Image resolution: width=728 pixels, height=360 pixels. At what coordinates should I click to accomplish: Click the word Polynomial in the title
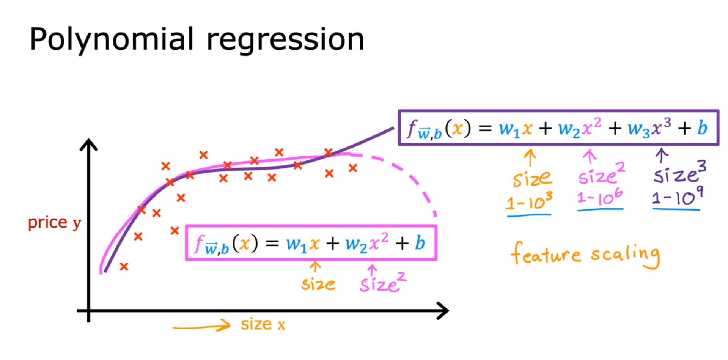coord(112,39)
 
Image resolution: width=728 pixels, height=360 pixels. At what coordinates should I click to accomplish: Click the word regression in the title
coord(285,39)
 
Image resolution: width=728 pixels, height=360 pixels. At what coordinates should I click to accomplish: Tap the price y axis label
coord(55,223)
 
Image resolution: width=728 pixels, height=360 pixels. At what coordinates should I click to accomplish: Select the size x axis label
coord(263,324)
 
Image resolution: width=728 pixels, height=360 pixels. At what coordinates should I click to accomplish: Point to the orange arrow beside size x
coord(202,326)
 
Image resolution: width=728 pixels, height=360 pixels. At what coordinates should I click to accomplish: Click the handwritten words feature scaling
coord(585,255)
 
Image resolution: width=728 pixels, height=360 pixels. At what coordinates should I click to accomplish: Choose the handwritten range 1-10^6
coord(600,197)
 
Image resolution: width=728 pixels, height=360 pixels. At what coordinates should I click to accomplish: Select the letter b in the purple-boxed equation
coord(702,128)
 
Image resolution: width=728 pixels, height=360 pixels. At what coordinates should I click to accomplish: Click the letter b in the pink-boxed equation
coord(420,243)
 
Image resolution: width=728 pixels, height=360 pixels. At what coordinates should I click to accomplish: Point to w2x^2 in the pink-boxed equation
coord(366,243)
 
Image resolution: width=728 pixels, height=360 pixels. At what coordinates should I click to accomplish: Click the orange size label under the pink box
coord(318,284)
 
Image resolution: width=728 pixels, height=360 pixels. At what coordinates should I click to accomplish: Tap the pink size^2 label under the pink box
coord(382,283)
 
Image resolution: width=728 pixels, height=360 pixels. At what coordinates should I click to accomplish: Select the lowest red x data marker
coord(124,267)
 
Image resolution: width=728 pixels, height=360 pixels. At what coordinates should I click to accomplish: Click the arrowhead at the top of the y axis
coord(89,145)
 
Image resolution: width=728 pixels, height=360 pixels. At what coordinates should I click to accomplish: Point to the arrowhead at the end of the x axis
coord(443,311)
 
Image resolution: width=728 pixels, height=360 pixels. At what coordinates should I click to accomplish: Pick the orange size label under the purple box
coord(532,178)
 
